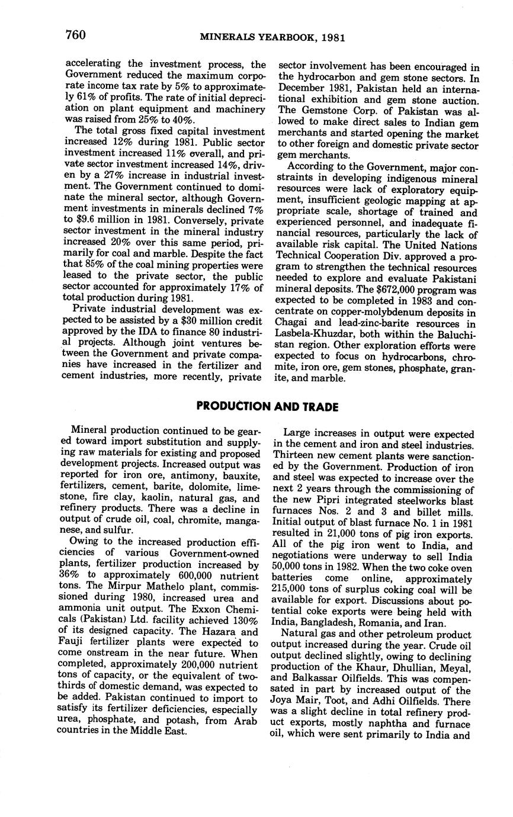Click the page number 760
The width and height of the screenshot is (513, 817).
(75, 35)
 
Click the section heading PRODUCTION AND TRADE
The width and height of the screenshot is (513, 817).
(267, 407)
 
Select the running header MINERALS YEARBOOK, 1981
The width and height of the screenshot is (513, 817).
(272, 37)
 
